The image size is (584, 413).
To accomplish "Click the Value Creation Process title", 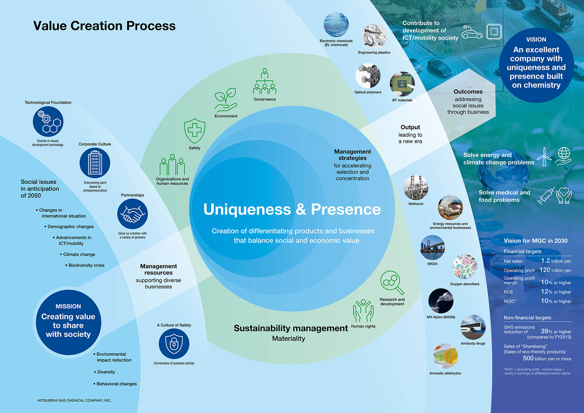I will coord(104,26).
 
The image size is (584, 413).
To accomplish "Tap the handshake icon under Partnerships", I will coord(132,214).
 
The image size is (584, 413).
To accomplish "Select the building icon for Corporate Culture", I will coord(95,163).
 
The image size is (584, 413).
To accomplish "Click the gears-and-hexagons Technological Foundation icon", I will coord(48,122).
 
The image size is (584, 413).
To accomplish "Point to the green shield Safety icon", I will coord(194,131).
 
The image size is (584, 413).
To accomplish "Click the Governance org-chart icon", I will coord(264,82).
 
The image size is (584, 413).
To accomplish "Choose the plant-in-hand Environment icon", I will coord(226,100).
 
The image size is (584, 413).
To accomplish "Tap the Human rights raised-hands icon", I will coord(363,311).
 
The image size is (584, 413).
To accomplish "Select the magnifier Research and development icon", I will coord(392,282).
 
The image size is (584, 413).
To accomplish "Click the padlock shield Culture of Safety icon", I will coord(174,344).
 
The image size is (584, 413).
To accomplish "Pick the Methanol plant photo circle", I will coord(416,187).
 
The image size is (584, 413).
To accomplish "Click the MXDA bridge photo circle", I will coord(432,248).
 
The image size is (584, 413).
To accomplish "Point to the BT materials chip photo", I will coord(402,84).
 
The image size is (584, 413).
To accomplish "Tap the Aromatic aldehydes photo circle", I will coord(445,356).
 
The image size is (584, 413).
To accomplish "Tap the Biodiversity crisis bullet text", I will coord(86,265).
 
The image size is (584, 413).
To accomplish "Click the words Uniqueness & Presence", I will coord(292,209).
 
